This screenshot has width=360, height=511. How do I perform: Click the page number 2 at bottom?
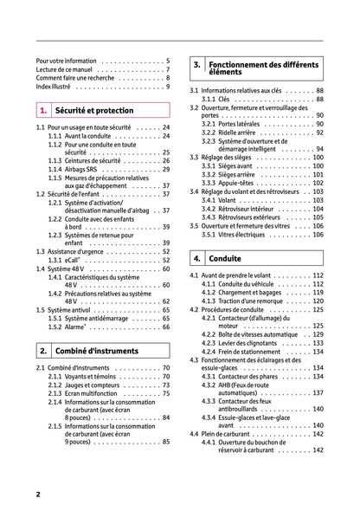(x=39, y=494)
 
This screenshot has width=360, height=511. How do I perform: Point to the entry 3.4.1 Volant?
(x=220, y=200)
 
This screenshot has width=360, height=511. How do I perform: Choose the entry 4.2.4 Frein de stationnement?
(x=246, y=352)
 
